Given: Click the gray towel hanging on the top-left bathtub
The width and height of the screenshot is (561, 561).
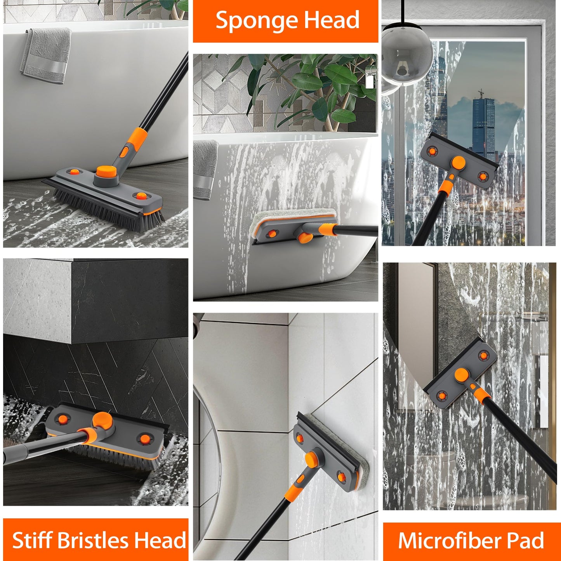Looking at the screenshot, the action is (46, 55).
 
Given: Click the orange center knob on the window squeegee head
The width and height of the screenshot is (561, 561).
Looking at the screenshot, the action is (458, 163).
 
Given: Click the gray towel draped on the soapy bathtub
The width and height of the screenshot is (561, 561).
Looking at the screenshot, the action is (205, 169).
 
